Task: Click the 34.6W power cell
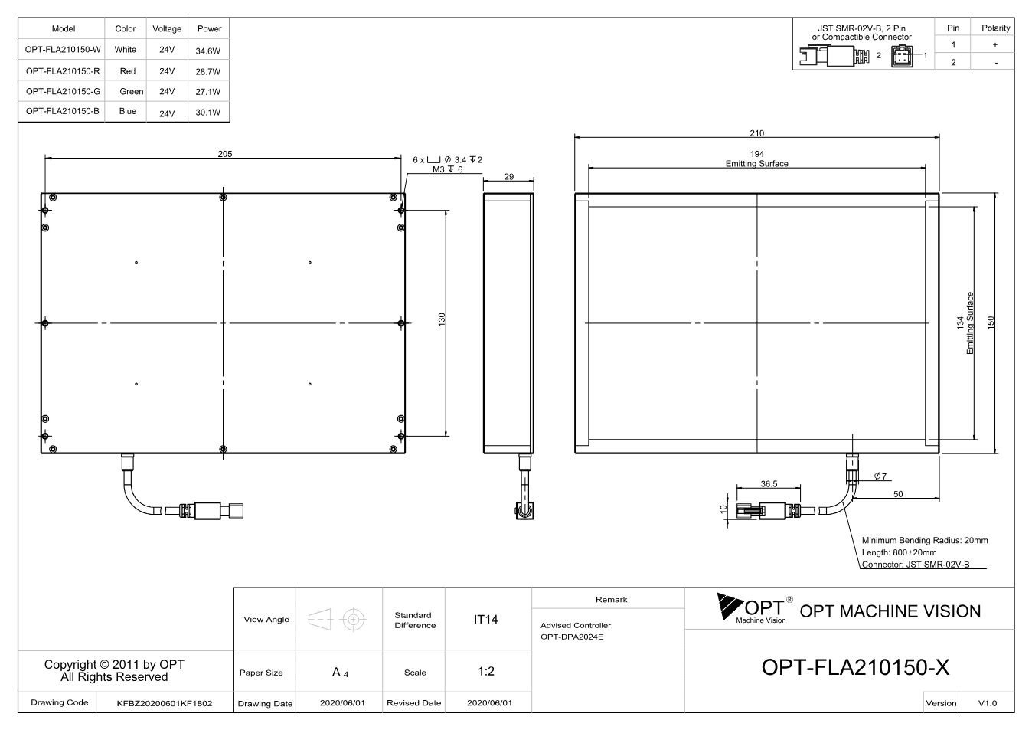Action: pyautogui.click(x=207, y=51)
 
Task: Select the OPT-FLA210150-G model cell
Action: pyautogui.click(x=63, y=91)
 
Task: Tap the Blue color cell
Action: pyautogui.click(x=128, y=111)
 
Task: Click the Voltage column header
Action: pyautogui.click(x=167, y=28)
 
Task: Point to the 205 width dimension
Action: pyautogui.click(x=225, y=154)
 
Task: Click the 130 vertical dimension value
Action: pyautogui.click(x=442, y=319)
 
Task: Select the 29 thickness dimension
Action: pyautogui.click(x=508, y=176)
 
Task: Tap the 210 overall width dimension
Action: pyautogui.click(x=756, y=133)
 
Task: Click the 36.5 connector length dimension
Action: pyautogui.click(x=769, y=484)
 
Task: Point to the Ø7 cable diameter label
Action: pyautogui.click(x=880, y=476)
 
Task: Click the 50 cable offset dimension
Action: pyautogui.click(x=898, y=494)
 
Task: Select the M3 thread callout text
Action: pyautogui.click(x=447, y=169)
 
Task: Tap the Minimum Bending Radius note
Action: pyautogui.click(x=925, y=540)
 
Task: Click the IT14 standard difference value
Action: pyautogui.click(x=485, y=620)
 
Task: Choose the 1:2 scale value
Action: pyautogui.click(x=486, y=672)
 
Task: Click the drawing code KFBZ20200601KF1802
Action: pyautogui.click(x=165, y=703)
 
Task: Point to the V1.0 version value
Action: pyautogui.click(x=988, y=703)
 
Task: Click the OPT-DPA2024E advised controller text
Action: pyautogui.click(x=572, y=637)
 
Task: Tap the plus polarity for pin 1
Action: pyautogui.click(x=995, y=44)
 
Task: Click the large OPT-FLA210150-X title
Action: pyautogui.click(x=856, y=667)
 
